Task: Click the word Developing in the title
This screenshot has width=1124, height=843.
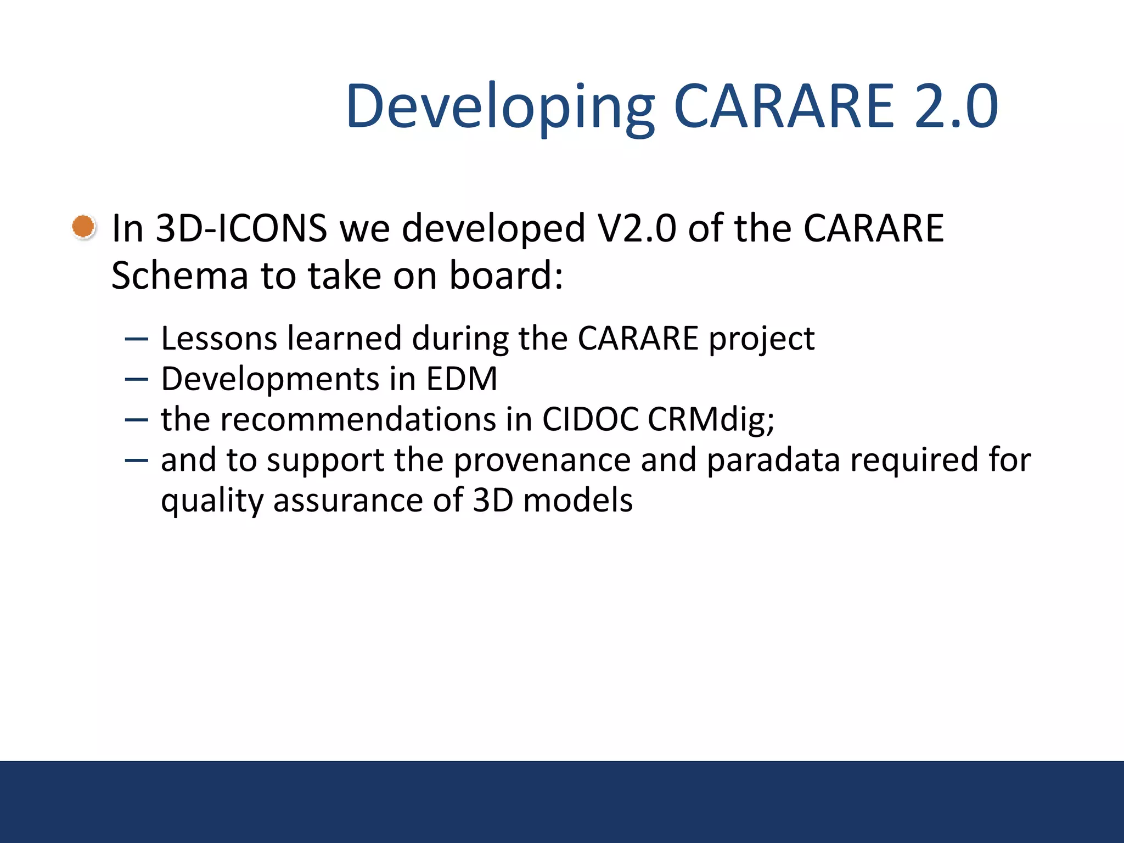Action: point(500,107)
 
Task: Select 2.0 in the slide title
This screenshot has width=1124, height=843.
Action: point(956,107)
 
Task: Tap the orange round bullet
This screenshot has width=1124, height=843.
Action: point(83,227)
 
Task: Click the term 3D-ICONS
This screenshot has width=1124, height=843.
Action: point(241,228)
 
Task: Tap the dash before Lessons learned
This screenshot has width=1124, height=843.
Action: point(136,339)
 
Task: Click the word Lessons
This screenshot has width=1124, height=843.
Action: point(219,339)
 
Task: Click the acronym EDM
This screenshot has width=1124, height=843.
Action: point(462,379)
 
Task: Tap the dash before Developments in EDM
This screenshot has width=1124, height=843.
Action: point(136,379)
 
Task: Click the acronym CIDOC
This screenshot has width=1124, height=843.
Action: point(590,420)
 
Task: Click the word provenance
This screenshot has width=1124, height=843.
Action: point(542,460)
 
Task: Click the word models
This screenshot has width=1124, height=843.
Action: point(578,501)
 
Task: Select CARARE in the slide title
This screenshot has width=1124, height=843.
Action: point(784,107)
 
